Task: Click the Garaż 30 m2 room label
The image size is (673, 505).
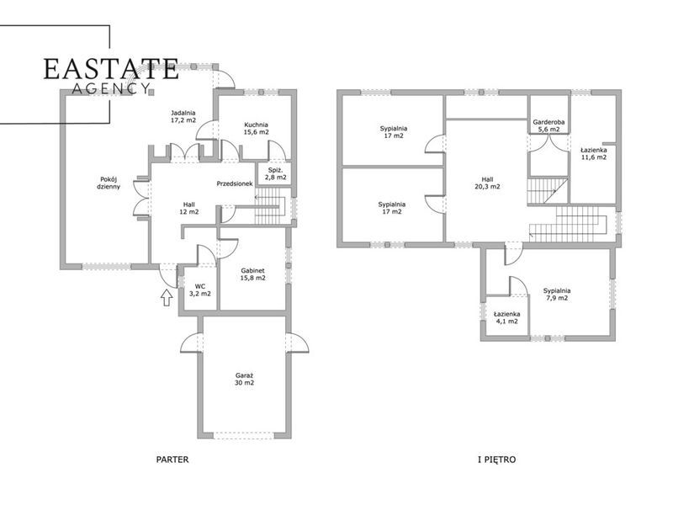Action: coord(244,379)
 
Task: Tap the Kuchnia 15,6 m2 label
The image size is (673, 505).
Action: coord(257,129)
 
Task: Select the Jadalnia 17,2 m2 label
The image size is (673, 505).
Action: coord(183,116)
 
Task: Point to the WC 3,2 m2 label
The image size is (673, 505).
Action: coord(200,290)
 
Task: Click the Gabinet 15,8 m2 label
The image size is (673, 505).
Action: coord(253,274)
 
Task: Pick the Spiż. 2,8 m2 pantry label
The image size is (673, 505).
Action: coord(276,173)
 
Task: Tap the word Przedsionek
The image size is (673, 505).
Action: coord(235,183)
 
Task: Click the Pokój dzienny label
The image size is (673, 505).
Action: coord(109,183)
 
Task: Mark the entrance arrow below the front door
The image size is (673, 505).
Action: coord(167,298)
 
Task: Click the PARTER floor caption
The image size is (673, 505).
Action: coord(172,460)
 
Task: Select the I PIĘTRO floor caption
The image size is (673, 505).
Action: coord(496,460)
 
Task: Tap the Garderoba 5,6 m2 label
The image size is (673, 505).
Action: coord(548,125)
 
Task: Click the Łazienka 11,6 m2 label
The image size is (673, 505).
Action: coord(594,154)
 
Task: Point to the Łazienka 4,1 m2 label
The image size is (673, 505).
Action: coord(507,318)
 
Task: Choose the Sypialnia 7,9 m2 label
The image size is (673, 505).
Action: coord(557,294)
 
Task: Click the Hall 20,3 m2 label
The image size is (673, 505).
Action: coord(487,183)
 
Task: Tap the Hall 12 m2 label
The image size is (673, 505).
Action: coord(188,208)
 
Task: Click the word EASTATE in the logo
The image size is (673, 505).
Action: coord(111,69)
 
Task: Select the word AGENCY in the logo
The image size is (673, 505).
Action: coord(110,89)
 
